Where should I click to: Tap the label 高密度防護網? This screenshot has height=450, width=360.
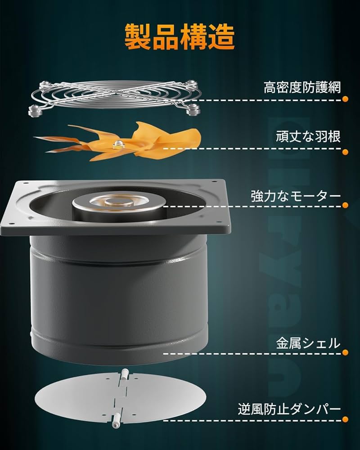(302, 87)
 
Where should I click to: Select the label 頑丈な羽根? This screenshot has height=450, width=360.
(308, 136)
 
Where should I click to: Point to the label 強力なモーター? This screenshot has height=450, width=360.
(296, 196)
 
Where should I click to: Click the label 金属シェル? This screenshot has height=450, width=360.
(308, 343)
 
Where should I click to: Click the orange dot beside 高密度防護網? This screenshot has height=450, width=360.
(345, 100)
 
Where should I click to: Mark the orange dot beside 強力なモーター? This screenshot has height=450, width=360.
(345, 205)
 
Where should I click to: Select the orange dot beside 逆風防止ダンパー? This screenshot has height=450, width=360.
(345, 420)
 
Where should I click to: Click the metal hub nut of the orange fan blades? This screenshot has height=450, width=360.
(118, 144)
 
